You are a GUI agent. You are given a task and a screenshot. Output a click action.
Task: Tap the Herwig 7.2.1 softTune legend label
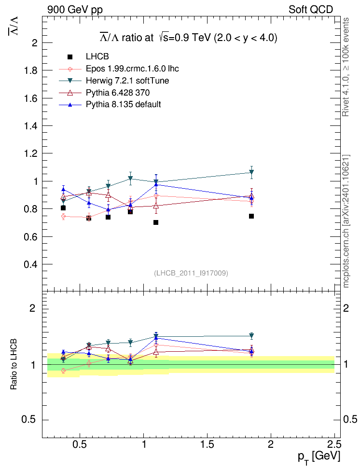click(127, 81)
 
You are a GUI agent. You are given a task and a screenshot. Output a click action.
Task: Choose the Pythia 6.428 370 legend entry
click(121, 92)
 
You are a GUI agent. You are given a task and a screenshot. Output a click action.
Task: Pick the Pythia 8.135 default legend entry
click(123, 104)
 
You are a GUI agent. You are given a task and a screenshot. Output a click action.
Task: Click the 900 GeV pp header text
click(75, 9)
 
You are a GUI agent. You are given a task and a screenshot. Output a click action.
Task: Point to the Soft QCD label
click(311, 9)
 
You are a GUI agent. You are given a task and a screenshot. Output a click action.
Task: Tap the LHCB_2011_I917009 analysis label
click(191, 273)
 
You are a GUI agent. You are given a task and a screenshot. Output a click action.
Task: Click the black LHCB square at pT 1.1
click(156, 222)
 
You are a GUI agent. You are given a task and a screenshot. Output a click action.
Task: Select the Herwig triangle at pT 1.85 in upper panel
click(251, 172)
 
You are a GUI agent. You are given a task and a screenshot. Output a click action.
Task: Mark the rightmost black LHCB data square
click(251, 216)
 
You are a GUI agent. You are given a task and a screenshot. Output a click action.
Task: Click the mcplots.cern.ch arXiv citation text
click(346, 222)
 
